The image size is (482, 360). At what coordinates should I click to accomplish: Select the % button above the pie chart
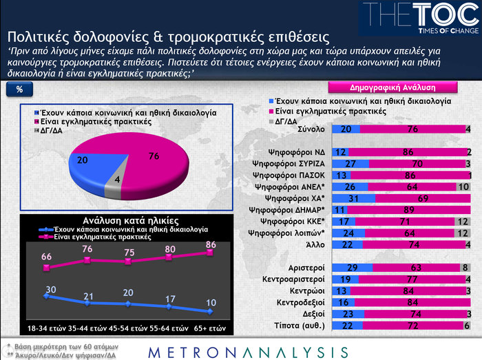19,90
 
